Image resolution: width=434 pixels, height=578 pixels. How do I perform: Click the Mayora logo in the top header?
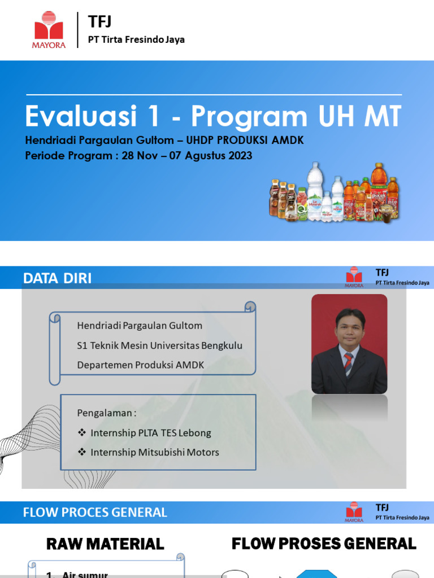[x=50, y=30]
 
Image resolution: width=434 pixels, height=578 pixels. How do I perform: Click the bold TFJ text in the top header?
[x=100, y=22]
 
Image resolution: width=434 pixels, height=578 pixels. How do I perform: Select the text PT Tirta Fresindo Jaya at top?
[x=136, y=40]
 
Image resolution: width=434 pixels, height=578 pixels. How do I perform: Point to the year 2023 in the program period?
[x=237, y=156]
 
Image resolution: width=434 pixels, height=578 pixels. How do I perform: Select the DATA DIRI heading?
[x=57, y=278]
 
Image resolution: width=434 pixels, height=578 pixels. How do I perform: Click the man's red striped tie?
[x=349, y=362]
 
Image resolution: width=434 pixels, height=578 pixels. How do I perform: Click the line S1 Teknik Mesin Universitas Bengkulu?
[x=159, y=345]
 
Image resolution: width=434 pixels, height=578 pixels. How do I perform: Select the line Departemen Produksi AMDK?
[x=140, y=365]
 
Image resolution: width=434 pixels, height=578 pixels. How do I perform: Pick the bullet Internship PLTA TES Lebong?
[x=150, y=433]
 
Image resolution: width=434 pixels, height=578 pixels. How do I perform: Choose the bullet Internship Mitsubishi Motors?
[x=154, y=452]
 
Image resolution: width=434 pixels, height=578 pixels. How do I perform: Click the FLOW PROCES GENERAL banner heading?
[x=95, y=513]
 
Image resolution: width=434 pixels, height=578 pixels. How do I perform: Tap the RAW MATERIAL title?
[x=105, y=544]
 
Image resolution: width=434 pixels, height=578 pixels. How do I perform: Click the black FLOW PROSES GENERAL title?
[x=324, y=544]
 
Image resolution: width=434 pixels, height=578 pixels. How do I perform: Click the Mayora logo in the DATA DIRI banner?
[x=354, y=277]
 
